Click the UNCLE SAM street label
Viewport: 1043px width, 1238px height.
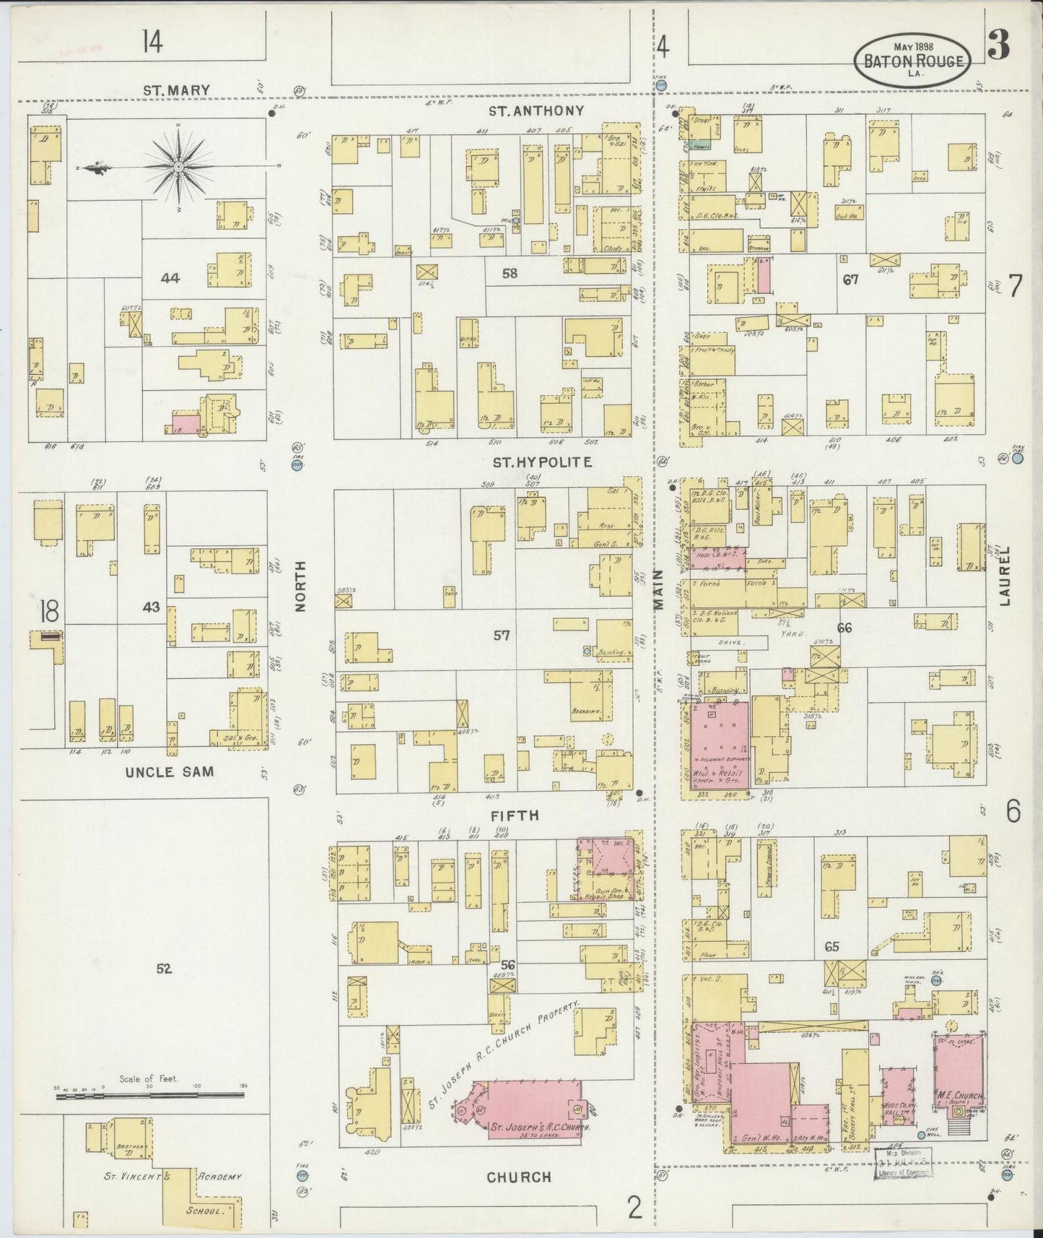170,771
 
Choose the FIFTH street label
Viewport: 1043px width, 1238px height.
516,815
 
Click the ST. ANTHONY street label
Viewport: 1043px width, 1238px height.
536,111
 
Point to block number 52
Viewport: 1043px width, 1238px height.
164,969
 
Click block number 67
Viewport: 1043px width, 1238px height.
850,279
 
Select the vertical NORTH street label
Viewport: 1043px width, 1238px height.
301,586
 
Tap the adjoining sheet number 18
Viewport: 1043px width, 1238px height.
49,611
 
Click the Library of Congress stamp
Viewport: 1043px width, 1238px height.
904,1166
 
